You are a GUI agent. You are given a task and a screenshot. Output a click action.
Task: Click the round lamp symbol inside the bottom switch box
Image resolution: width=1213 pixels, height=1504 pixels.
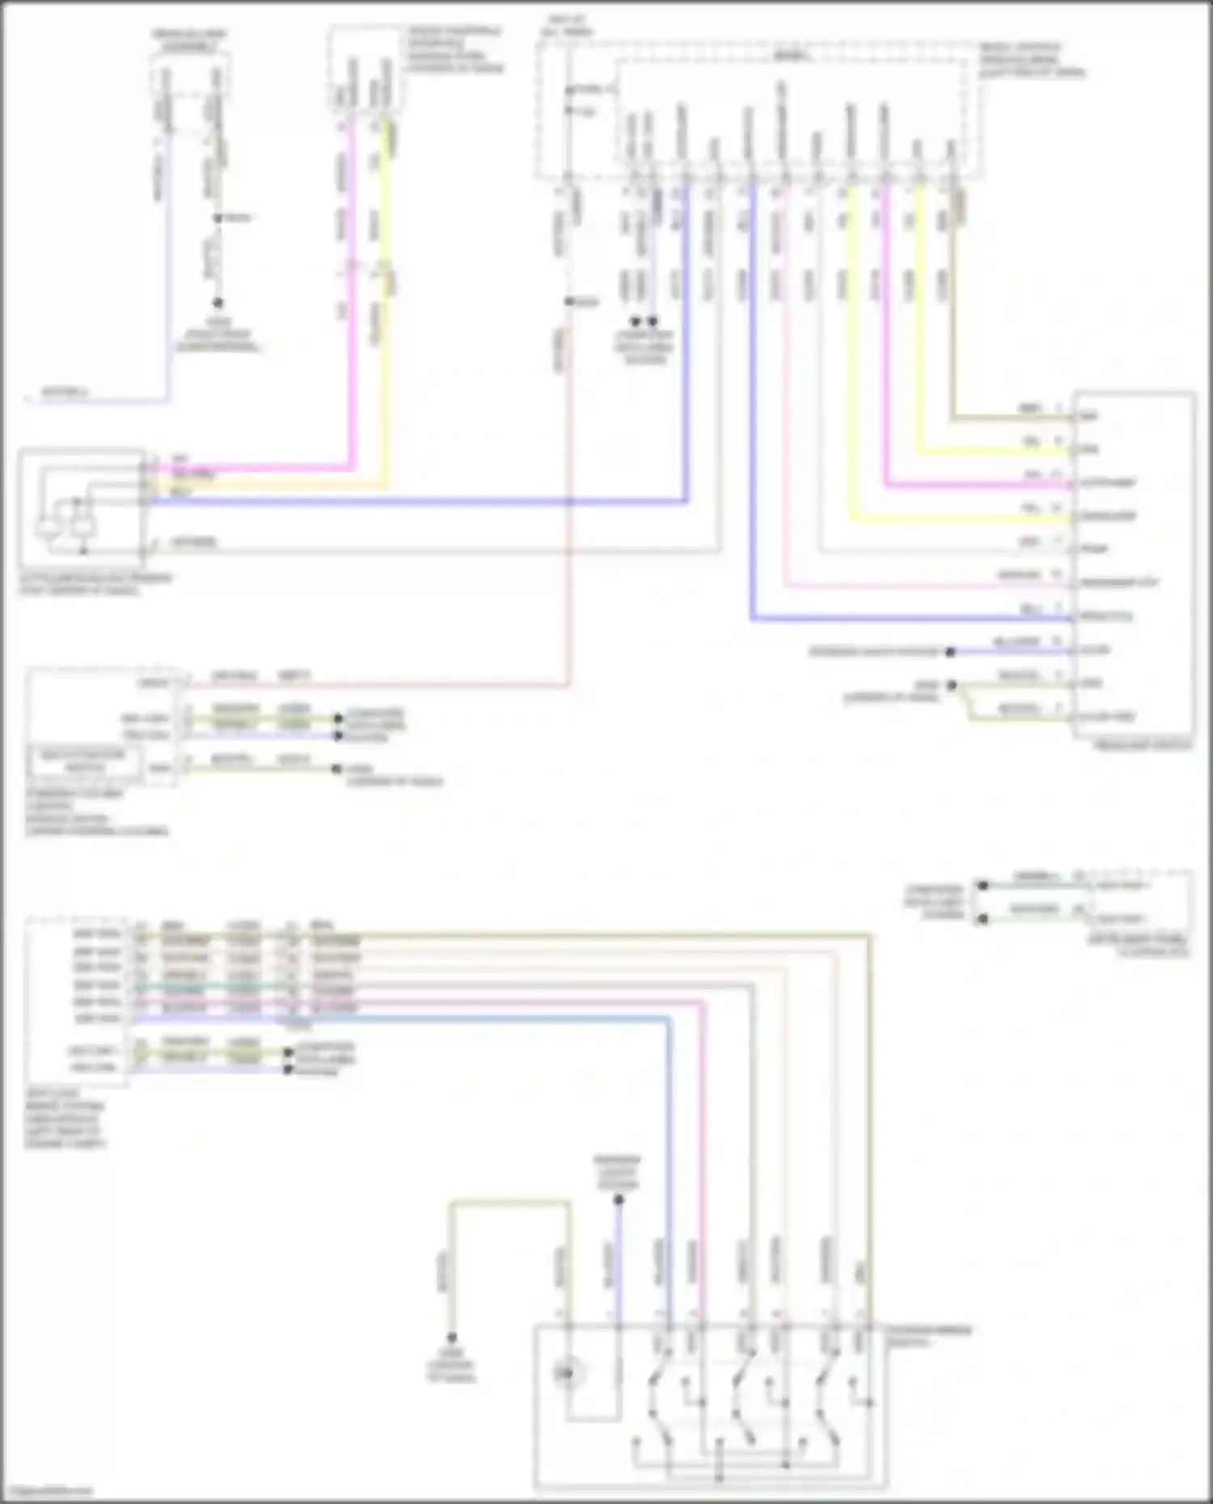[x=566, y=1371]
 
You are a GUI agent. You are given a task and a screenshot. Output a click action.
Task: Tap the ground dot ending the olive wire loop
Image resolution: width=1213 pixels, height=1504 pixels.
[x=451, y=1338]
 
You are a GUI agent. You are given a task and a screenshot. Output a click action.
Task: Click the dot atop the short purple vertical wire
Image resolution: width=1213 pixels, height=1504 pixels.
[x=619, y=1200]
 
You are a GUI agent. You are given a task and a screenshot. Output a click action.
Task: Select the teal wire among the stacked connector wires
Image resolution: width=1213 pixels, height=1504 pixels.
[x=243, y=987]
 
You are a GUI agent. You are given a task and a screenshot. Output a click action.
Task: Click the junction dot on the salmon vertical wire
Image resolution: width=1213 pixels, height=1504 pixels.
[x=569, y=301]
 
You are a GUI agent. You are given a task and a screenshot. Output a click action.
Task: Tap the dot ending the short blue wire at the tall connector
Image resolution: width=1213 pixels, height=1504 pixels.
[x=951, y=651]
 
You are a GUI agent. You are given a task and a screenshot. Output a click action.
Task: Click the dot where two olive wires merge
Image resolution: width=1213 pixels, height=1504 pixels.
[x=953, y=685]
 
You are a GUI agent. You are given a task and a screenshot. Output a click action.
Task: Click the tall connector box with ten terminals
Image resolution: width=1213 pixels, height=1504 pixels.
[x=1134, y=566]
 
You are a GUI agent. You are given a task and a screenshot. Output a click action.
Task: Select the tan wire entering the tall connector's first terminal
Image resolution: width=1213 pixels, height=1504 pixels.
[x=1011, y=419]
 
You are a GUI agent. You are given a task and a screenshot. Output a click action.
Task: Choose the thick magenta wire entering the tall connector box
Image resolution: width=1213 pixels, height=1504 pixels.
[x=970, y=486]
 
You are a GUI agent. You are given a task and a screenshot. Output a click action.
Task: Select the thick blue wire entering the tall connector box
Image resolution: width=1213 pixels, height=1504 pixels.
[x=890, y=619]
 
